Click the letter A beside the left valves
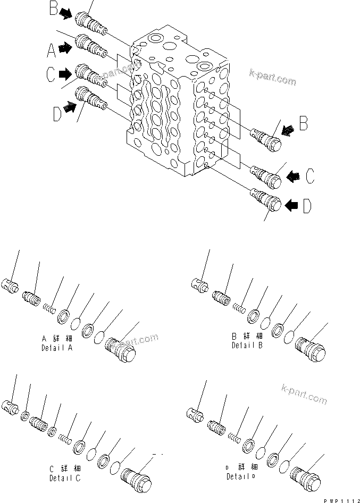(x=51, y=51)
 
